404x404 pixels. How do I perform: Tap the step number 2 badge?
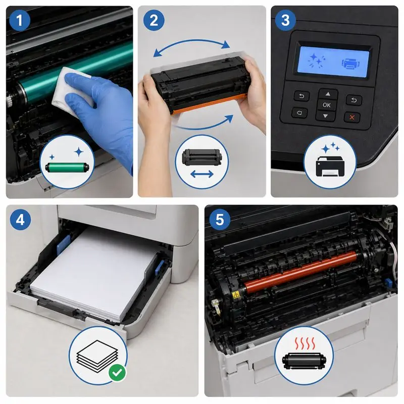(154, 20)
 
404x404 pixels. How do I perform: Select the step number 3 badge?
(285, 20)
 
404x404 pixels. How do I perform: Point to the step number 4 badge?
(20, 220)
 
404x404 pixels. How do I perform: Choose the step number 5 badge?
(222, 220)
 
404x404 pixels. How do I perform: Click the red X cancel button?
(352, 117)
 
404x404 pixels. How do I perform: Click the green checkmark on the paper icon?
(117, 373)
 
